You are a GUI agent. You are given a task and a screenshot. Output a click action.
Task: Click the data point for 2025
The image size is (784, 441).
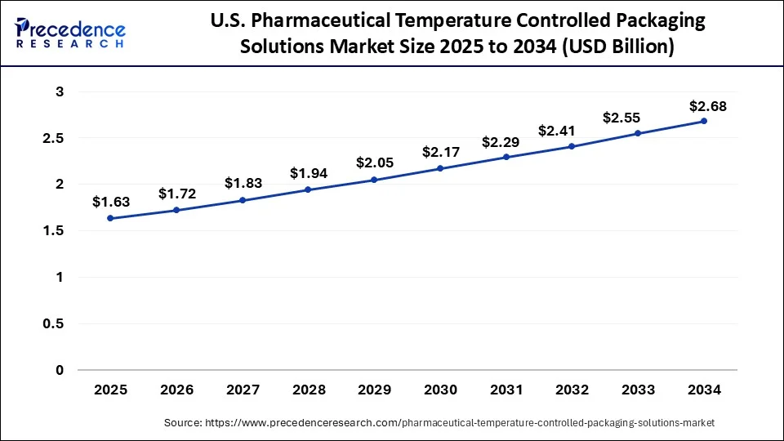click(x=110, y=219)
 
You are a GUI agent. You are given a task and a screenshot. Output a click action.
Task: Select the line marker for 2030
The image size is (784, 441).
click(x=440, y=168)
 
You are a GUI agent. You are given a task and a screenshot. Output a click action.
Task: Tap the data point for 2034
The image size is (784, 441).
click(x=704, y=121)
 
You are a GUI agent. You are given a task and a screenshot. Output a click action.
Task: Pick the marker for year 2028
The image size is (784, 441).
click(x=308, y=189)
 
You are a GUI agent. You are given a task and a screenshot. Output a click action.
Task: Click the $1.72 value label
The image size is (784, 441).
click(x=176, y=194)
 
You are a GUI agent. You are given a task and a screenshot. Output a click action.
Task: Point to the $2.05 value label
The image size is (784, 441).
click(x=374, y=163)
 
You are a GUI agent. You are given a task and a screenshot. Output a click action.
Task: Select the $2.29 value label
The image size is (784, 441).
click(x=506, y=141)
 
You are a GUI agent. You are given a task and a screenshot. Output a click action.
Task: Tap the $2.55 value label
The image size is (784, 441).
click(x=638, y=118)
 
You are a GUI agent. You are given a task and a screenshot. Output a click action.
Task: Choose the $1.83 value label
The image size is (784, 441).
click(x=243, y=184)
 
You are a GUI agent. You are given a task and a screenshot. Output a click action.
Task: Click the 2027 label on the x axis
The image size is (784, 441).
click(x=243, y=390)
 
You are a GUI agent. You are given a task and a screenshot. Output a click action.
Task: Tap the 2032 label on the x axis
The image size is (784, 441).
click(x=572, y=390)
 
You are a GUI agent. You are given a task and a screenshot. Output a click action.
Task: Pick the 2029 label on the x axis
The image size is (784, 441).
click(x=374, y=390)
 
